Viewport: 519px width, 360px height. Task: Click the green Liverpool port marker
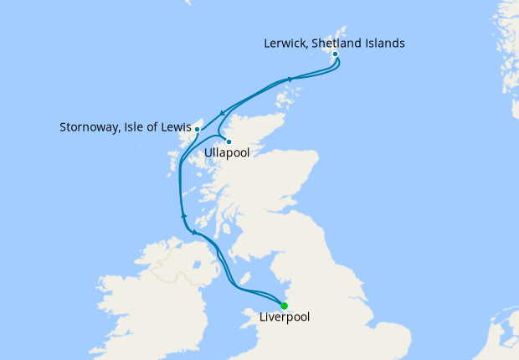[x=285, y=305]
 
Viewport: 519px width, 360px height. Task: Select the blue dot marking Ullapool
[x=228, y=141]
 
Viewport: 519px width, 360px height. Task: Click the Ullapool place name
[x=229, y=154]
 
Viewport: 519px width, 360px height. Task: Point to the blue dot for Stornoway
[x=197, y=129]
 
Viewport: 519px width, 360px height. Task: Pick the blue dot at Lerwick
[x=335, y=54]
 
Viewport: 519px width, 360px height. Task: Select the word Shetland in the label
[x=346, y=43]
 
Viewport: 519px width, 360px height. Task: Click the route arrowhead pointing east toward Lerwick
[x=290, y=80]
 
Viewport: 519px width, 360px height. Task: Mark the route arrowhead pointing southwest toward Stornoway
[x=220, y=115]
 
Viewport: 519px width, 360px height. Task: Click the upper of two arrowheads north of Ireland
[x=182, y=215]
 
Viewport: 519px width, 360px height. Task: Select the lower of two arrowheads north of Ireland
[x=193, y=232]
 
